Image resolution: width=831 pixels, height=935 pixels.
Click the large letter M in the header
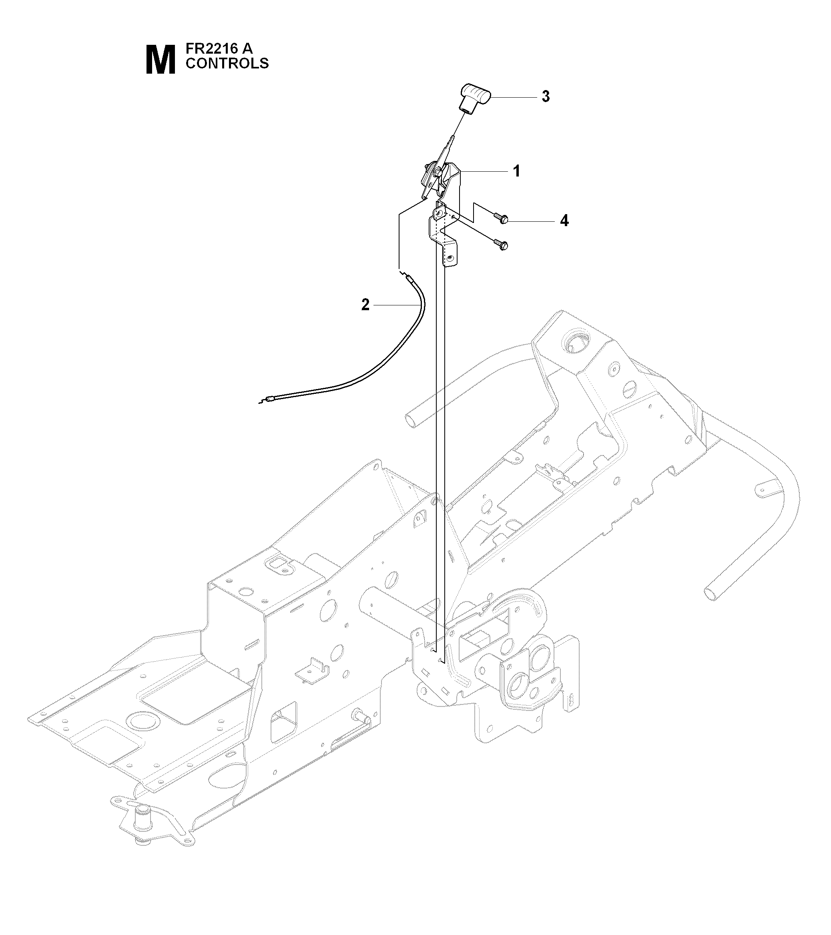click(160, 60)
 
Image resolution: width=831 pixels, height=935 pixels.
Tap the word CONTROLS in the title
click(227, 64)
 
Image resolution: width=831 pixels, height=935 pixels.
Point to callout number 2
click(365, 304)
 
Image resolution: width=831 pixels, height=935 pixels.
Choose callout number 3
click(546, 96)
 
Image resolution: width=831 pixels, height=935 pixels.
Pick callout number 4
click(564, 221)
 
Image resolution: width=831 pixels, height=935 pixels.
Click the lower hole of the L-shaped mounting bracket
click(450, 258)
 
